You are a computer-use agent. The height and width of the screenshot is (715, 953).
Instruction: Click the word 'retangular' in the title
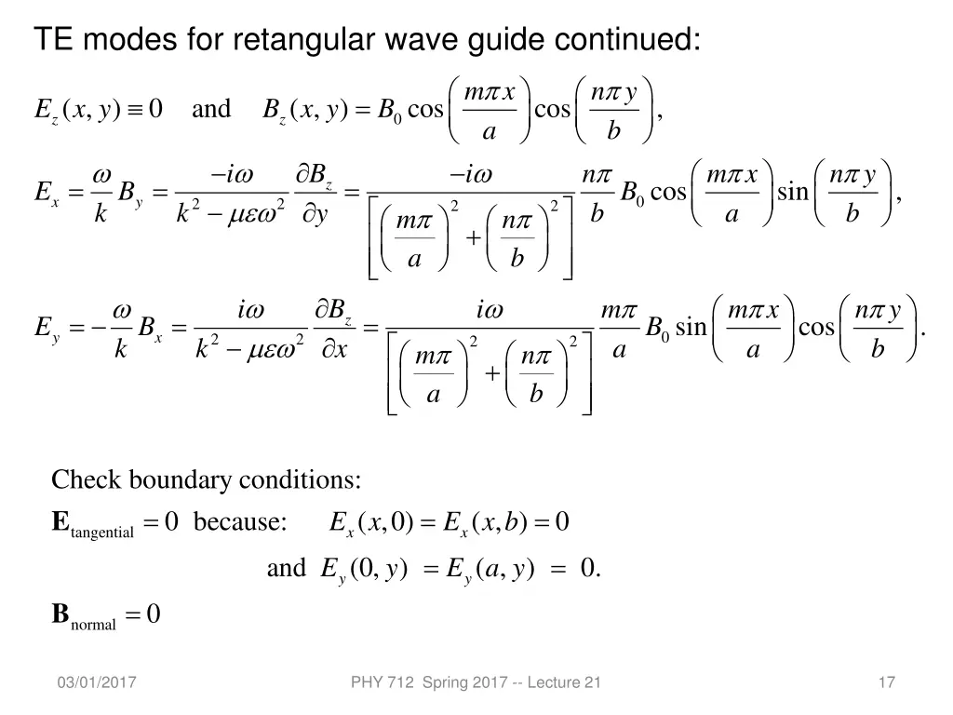click(x=296, y=40)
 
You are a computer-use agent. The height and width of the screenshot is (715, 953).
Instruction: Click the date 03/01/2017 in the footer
click(x=96, y=683)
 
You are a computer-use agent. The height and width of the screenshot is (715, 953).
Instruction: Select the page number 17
click(x=886, y=683)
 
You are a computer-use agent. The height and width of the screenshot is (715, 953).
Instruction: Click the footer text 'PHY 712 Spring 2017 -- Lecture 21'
click(x=476, y=683)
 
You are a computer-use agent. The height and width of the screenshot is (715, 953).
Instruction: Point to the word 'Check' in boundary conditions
click(x=87, y=480)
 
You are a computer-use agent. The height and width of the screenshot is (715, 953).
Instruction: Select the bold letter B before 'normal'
click(x=60, y=614)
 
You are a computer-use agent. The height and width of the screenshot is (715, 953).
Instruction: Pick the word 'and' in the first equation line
click(x=211, y=109)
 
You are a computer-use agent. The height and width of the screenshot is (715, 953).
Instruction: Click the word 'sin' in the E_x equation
click(x=793, y=192)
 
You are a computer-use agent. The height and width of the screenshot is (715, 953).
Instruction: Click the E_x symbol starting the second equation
click(x=47, y=194)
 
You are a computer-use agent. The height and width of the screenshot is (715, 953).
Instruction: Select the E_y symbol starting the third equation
click(x=47, y=328)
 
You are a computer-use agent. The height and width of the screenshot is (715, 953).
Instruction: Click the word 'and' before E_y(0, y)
click(x=286, y=568)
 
